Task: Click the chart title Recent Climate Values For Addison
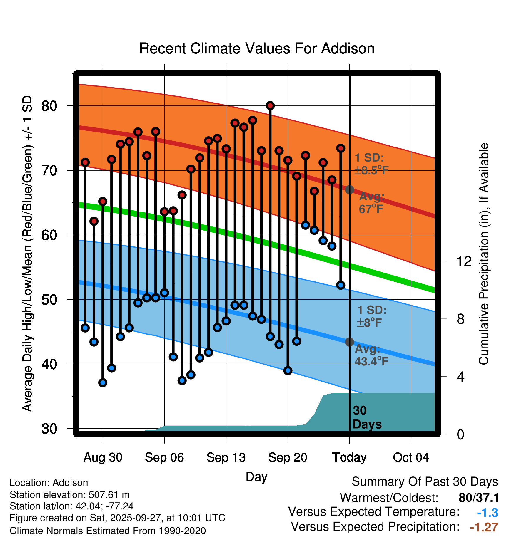coord(257,48)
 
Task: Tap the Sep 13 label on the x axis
coord(226,457)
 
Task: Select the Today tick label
coord(349,457)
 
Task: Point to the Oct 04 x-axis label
coord(411,457)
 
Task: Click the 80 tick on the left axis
coord(49,106)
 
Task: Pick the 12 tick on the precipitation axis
coord(464,261)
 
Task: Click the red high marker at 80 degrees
coord(270,105)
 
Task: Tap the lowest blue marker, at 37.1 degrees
coord(103,382)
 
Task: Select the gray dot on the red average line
coord(349,189)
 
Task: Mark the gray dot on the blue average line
coord(349,342)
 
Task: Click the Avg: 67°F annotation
coord(371,203)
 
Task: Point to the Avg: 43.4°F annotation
coord(371,355)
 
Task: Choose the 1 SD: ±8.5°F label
coord(371,164)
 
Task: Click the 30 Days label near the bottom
coord(367,417)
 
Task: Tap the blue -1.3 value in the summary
coord(487,513)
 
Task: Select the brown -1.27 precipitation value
coord(484,527)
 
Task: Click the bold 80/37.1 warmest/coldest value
coord(479,498)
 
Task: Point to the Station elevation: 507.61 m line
coord(70,495)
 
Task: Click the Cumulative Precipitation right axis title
coord(484,254)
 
